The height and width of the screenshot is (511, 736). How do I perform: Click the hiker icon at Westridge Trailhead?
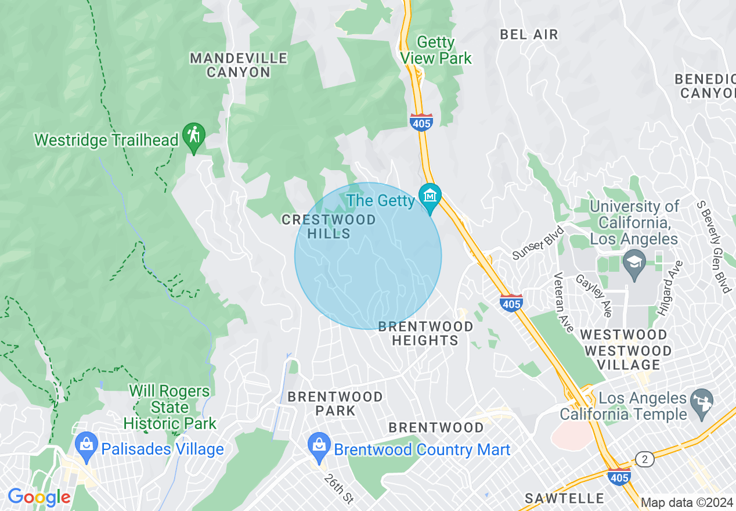[193, 136]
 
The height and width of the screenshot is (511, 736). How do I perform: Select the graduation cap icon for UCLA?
[634, 261]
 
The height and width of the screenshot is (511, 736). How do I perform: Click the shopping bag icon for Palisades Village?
[86, 445]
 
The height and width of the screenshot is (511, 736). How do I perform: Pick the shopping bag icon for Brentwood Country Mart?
[319, 445]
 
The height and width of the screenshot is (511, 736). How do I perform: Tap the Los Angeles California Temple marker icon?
[703, 400]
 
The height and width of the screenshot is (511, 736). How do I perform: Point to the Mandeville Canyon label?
[239, 65]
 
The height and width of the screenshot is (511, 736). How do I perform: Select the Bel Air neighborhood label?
[529, 34]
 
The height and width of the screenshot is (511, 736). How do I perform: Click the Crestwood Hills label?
[329, 226]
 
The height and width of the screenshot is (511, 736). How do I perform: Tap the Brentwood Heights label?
[425, 334]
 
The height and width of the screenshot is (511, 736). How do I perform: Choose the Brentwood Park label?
[335, 404]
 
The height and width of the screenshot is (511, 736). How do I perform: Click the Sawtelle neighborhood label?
[564, 498]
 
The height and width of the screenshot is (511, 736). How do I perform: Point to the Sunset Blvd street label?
[537, 242]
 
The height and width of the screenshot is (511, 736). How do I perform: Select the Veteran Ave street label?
[563, 302]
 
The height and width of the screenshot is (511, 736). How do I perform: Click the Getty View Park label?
[436, 50]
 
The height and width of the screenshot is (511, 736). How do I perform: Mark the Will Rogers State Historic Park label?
[169, 407]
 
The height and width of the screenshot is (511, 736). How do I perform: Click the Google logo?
[39, 497]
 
